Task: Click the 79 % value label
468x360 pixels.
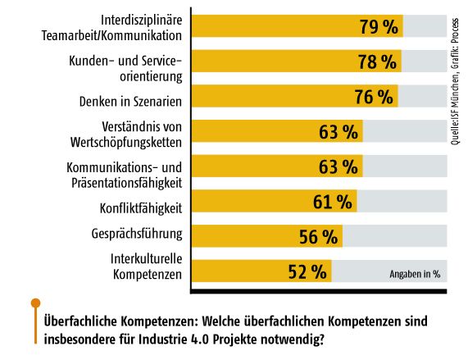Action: (379, 26)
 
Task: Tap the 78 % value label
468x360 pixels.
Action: (379, 62)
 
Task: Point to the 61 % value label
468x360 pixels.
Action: (333, 202)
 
